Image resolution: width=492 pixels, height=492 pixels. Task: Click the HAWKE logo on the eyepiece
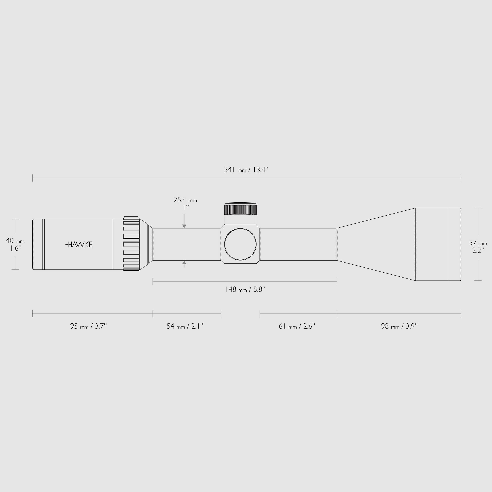tap(79, 244)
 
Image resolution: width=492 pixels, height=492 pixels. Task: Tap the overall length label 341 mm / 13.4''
tap(246, 170)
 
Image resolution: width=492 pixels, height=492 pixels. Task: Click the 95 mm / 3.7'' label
tap(88, 326)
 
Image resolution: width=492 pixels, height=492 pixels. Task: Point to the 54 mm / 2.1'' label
tap(185, 326)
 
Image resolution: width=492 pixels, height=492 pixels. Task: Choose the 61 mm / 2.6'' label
tap(297, 326)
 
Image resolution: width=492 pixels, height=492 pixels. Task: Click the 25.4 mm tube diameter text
tap(185, 200)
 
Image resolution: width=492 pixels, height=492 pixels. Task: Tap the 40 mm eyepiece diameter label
tap(15, 241)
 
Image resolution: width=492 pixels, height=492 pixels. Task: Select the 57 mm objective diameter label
tap(478, 243)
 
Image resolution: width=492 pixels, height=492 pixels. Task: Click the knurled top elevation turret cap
tap(240, 210)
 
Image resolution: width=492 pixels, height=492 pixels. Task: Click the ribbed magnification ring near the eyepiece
tap(131, 244)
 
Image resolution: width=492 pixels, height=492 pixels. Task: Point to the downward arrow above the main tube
tap(184, 226)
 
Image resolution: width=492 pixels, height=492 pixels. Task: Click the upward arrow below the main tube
tap(184, 263)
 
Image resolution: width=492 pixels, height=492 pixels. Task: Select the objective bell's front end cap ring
tap(455, 244)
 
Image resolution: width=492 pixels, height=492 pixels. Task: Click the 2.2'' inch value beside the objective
tap(478, 250)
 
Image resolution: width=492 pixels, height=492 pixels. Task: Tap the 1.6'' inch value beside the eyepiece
tap(15, 248)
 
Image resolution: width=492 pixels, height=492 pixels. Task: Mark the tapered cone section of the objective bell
tap(376, 244)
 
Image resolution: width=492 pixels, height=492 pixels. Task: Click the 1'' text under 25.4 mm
tap(186, 207)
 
